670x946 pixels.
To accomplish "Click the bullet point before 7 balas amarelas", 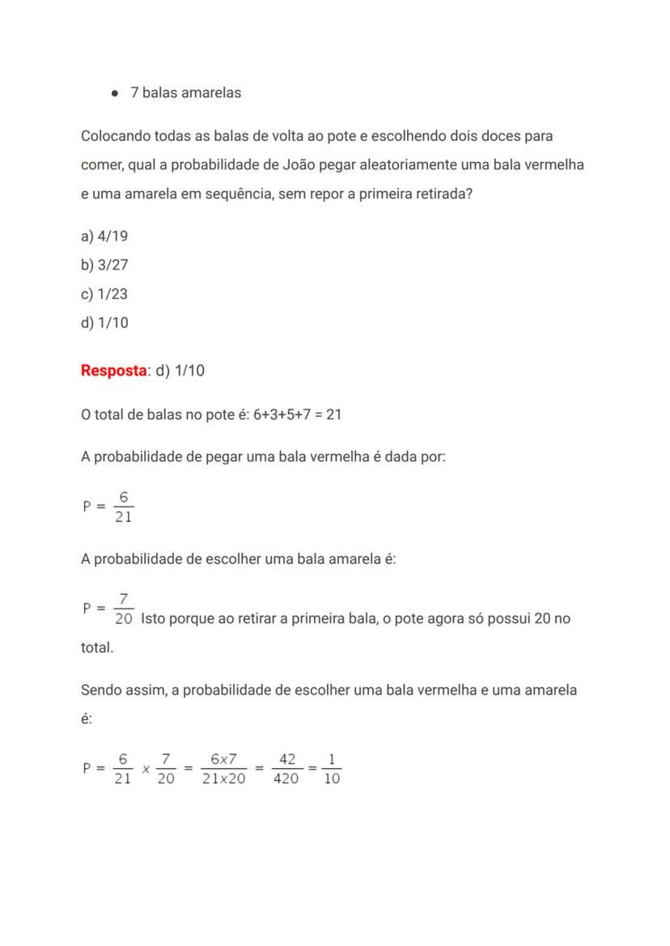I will point(116,93).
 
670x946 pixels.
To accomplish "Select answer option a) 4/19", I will point(104,236).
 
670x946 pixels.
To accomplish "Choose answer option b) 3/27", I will point(104,265).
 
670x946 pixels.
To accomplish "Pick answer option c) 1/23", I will point(104,294).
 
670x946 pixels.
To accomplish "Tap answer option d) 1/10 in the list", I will point(104,323).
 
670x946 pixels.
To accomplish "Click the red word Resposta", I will point(113,371).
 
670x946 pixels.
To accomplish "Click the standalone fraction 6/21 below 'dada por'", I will point(123,507).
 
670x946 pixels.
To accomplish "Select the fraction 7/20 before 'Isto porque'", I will point(123,609).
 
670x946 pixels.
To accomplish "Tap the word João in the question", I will point(301,165).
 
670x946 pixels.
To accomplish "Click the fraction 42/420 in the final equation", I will point(286,769).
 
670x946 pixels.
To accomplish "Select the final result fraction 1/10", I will point(332,769).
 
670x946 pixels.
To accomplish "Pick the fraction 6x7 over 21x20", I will point(223,769).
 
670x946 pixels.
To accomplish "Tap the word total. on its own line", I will point(97,648).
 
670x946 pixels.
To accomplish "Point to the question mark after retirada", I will point(469,194).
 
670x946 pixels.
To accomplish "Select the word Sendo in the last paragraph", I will point(100,690).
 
